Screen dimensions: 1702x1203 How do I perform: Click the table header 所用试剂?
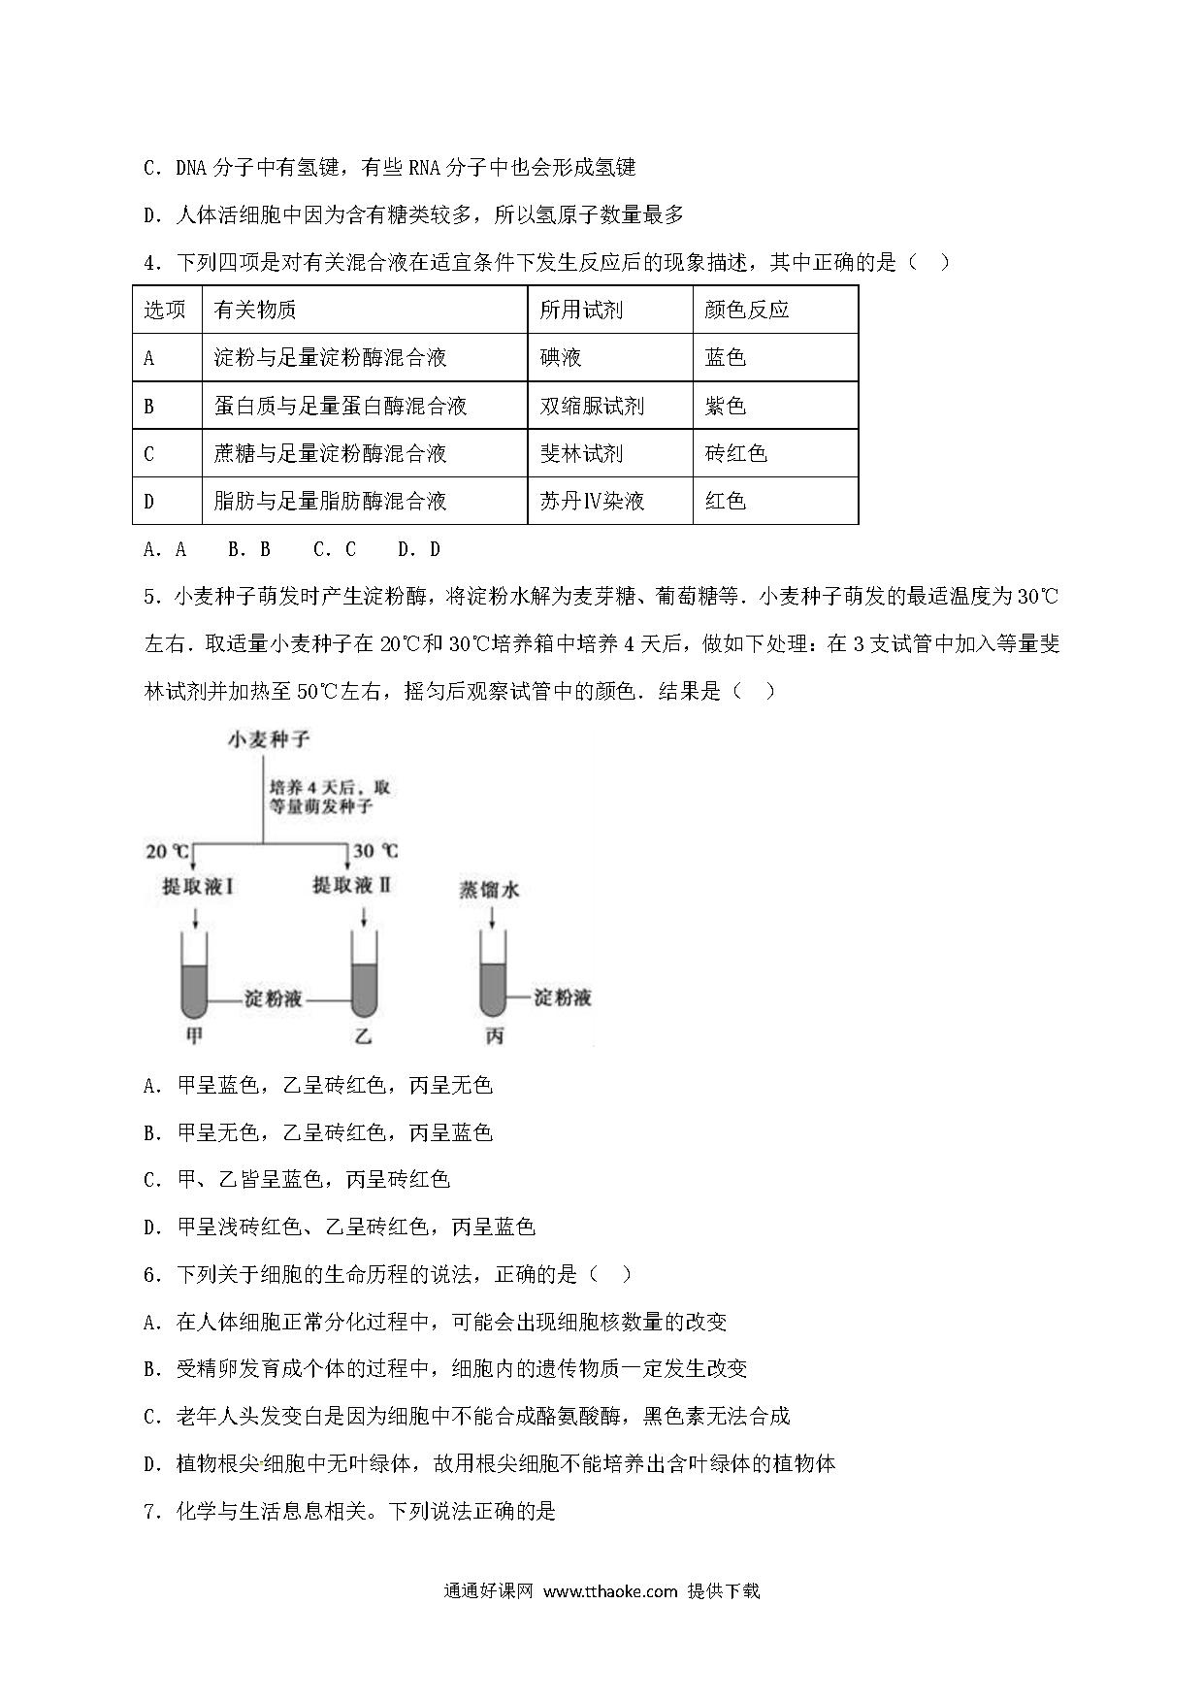click(581, 310)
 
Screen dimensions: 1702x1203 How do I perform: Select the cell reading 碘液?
click(561, 357)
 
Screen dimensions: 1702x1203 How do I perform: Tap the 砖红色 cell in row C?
click(735, 453)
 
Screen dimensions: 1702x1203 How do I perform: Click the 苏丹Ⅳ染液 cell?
click(592, 501)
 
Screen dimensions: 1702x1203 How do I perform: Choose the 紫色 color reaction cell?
click(725, 406)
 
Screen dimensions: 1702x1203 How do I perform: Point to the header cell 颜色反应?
click(746, 310)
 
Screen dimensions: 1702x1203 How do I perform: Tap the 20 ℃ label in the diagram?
click(168, 851)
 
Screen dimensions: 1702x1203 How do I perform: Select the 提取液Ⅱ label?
click(351, 885)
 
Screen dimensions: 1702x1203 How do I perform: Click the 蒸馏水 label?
click(489, 889)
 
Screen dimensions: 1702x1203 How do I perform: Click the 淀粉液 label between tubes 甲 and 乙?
click(274, 998)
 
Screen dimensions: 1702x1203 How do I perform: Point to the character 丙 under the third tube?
click(494, 1036)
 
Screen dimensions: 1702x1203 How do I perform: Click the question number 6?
click(149, 1275)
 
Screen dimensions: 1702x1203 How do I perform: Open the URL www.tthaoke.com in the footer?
click(609, 1590)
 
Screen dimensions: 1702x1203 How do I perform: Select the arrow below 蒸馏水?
click(489, 916)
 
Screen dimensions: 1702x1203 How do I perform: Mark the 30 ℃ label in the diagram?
click(374, 851)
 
